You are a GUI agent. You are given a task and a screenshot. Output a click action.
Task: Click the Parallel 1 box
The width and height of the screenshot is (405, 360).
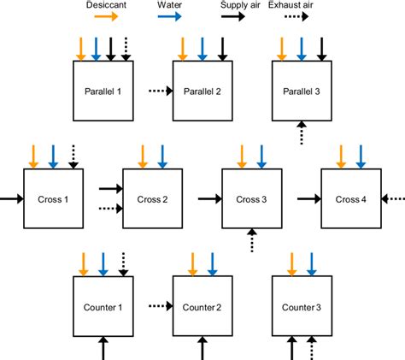point(103,91)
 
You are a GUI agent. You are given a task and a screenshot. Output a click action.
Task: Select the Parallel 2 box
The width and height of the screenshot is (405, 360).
point(202,91)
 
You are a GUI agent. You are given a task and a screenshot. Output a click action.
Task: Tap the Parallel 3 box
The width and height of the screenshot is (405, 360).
point(301,91)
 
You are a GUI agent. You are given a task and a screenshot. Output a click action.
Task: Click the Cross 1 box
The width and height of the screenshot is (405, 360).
point(54,198)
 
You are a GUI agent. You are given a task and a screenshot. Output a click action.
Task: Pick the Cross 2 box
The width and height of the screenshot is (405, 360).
point(153,198)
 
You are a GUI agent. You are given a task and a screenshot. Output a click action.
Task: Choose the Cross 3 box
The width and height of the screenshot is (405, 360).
point(252,198)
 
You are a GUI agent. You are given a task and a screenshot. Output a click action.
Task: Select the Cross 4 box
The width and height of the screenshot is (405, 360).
point(350,198)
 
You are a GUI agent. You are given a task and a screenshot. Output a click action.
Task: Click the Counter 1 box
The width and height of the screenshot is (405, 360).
point(103,306)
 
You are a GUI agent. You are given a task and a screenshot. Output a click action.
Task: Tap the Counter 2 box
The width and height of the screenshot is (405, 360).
point(202,306)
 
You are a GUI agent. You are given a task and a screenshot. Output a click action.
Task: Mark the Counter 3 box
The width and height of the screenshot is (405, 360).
point(301,306)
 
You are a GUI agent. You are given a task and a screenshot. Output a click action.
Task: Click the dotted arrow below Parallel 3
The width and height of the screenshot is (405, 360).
point(301,132)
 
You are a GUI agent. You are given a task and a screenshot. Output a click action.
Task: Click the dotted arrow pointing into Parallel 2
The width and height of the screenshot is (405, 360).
point(160,91)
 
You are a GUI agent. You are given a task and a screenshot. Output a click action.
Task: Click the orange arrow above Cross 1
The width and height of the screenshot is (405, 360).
point(34,156)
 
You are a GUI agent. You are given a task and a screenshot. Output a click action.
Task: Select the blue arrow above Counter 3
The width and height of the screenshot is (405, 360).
point(301,263)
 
